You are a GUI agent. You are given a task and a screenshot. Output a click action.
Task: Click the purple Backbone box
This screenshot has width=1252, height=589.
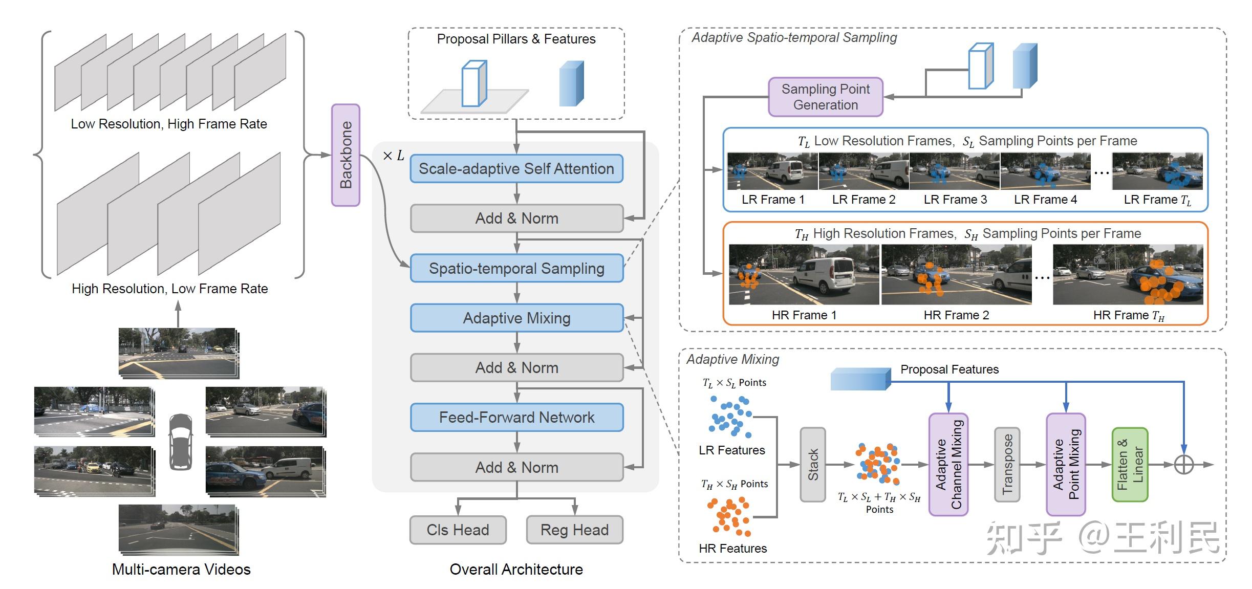tap(346, 155)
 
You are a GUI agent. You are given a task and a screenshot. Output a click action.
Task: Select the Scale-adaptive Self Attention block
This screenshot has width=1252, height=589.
tap(516, 168)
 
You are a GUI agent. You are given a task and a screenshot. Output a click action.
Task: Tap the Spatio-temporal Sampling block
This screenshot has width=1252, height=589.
tap(516, 268)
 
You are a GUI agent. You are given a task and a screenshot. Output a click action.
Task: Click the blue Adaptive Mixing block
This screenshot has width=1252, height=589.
tap(516, 318)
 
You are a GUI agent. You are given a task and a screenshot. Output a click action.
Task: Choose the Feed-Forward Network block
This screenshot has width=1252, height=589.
tap(516, 418)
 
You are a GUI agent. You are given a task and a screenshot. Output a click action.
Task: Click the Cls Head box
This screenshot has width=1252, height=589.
tap(458, 530)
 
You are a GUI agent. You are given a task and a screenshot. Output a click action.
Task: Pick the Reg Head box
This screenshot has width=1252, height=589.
tap(574, 530)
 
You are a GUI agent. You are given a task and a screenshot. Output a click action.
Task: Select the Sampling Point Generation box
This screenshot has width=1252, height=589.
tap(825, 97)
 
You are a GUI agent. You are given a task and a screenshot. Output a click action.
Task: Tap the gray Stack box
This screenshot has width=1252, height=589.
tap(812, 465)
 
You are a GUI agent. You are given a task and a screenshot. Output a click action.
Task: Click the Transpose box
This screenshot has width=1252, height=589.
tap(1007, 465)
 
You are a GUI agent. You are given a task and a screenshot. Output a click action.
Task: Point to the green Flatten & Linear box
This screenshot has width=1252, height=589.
tap(1130, 465)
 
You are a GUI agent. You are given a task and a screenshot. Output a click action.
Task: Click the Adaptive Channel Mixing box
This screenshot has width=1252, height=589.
tap(948, 465)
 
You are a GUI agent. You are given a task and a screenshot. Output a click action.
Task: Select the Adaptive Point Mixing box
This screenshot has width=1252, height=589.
tap(1066, 465)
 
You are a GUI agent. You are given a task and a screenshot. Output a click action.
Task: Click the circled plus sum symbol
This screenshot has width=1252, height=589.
tap(1183, 465)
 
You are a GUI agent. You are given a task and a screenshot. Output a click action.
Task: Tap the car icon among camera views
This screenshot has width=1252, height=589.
tap(181, 442)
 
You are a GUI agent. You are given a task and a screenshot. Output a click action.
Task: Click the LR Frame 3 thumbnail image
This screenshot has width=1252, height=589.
tap(954, 171)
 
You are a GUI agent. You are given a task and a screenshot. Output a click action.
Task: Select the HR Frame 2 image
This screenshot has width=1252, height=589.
tap(956, 275)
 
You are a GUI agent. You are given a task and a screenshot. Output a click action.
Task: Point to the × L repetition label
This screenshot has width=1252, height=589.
tap(393, 156)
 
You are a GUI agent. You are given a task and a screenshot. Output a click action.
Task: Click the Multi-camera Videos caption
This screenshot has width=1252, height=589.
tap(181, 570)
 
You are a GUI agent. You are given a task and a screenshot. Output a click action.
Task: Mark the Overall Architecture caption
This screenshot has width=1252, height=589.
tap(516, 570)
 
